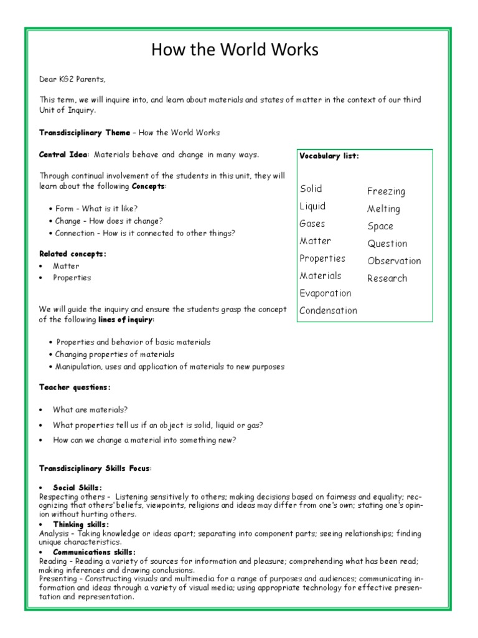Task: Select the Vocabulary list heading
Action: [x=329, y=156]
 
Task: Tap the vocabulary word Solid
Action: [x=311, y=189]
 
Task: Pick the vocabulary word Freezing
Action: [x=386, y=191]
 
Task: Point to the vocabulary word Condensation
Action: [x=328, y=310]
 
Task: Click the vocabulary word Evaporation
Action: [x=325, y=293]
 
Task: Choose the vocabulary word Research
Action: [x=387, y=279]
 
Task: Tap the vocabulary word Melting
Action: [x=383, y=209]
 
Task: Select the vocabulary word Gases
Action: [x=312, y=224]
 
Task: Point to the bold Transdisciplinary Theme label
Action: [x=85, y=133]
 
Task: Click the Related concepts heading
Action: [x=73, y=254]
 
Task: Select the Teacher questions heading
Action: [x=75, y=387]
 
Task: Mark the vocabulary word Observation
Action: [x=394, y=261]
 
